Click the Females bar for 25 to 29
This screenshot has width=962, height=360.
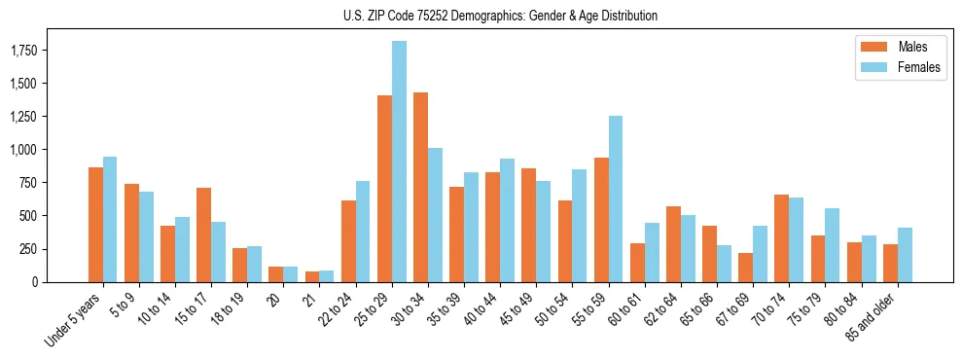coord(399,162)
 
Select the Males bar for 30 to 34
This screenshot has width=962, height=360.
coord(420,187)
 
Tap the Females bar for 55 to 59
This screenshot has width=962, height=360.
coord(615,198)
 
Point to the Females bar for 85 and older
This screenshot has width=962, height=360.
coord(905,255)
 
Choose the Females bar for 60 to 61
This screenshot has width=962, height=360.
coord(652,252)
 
